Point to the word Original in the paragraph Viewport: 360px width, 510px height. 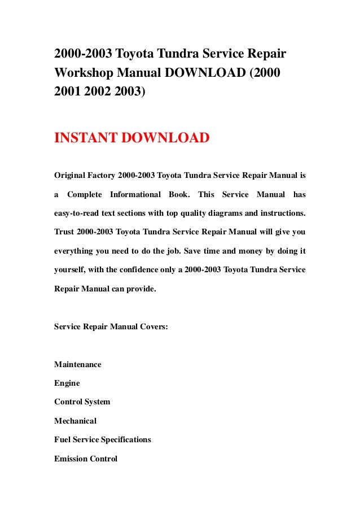[71, 176]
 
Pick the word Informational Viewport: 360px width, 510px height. [135, 195]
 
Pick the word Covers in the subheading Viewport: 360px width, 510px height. [151, 326]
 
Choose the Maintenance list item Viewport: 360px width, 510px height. [78, 364]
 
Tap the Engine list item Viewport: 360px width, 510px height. [67, 383]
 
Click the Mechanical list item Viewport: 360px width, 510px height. [76, 421]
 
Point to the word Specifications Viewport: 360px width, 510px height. [124, 439]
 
